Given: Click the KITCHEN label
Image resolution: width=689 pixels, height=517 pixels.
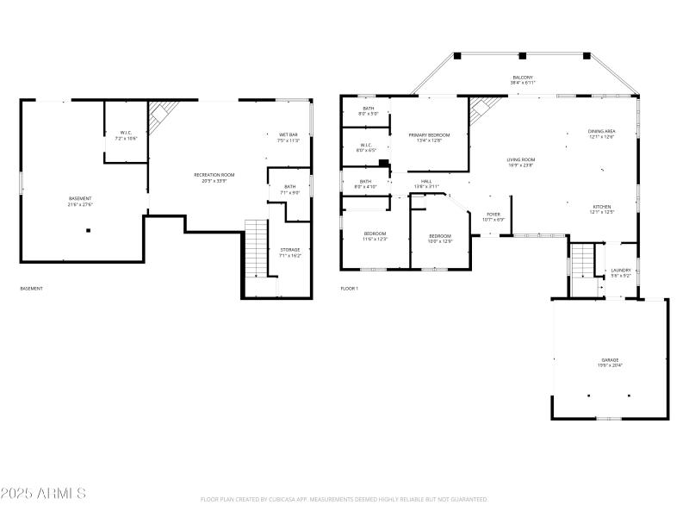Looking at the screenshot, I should pyautogui.click(x=601, y=209).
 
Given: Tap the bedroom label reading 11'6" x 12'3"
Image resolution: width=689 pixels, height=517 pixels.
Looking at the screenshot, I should pyautogui.click(x=375, y=236).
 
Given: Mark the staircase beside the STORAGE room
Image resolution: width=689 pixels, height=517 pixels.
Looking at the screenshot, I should pyautogui.click(x=257, y=247).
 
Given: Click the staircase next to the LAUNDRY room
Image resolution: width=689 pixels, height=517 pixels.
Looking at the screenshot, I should pyautogui.click(x=584, y=258).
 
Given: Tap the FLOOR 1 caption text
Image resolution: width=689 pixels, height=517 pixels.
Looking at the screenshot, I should pyautogui.click(x=349, y=289).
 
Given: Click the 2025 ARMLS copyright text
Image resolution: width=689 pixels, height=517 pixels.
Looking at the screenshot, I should pyautogui.click(x=43, y=494).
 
